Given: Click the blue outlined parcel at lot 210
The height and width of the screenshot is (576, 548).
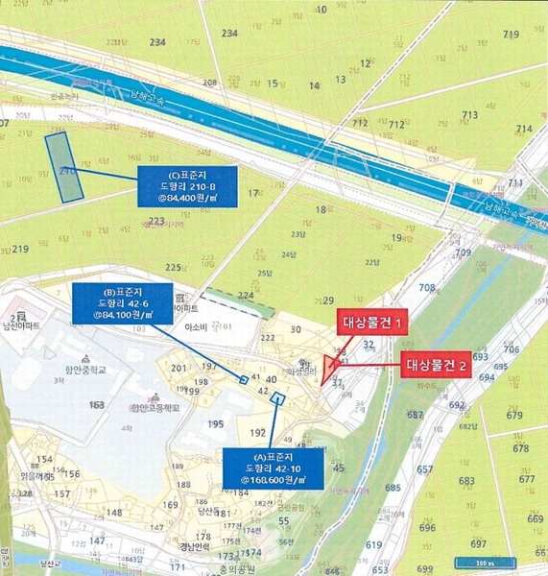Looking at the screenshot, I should click(x=65, y=167).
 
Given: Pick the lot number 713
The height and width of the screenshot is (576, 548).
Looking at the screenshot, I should click(x=469, y=115).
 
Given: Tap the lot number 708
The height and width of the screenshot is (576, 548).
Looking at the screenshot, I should click(x=428, y=287).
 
